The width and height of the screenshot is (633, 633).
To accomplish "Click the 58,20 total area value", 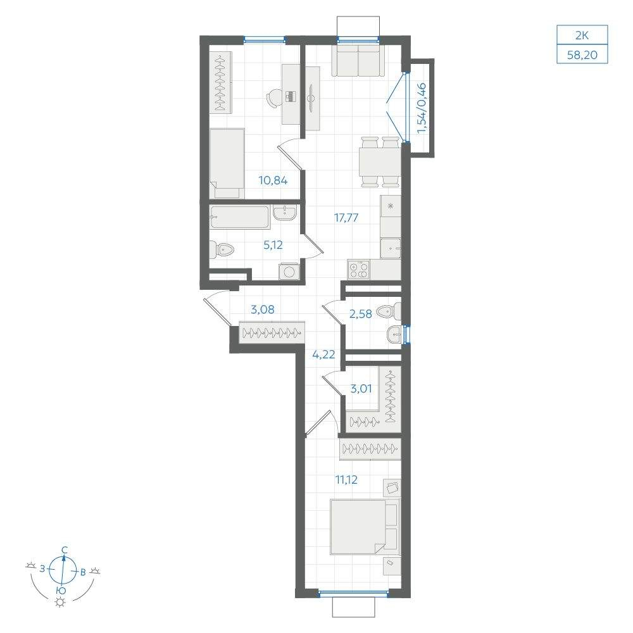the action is click(x=582, y=54).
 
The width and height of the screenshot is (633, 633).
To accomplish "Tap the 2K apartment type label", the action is click(x=582, y=35).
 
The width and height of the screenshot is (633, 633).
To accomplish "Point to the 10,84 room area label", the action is click(x=273, y=180).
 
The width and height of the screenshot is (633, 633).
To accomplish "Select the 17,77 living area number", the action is click(x=346, y=218).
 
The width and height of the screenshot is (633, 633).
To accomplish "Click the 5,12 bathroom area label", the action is click(x=273, y=244).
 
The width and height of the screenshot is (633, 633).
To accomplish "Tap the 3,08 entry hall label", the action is click(x=263, y=310).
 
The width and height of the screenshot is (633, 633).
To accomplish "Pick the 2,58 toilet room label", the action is click(x=361, y=314).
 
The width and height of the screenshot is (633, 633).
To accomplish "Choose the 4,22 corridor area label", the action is click(x=323, y=355).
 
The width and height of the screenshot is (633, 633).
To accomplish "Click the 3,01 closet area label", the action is click(x=361, y=389).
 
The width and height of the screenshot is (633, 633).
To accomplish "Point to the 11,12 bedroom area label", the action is click(x=346, y=480).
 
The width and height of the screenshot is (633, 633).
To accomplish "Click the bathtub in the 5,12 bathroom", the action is click(x=240, y=218).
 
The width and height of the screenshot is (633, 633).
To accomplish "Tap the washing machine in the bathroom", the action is click(x=289, y=271).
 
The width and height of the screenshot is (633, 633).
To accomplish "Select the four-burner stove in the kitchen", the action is click(x=358, y=270).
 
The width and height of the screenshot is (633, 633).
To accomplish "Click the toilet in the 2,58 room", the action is click(x=389, y=311).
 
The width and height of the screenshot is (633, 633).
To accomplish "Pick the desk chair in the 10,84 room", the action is click(x=274, y=97).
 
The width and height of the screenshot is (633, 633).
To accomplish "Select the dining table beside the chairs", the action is click(x=380, y=162).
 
